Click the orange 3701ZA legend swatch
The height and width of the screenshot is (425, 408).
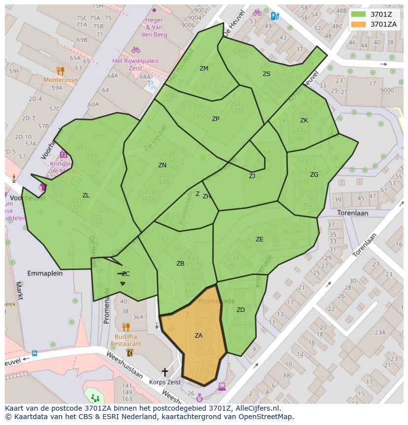pos(359,24)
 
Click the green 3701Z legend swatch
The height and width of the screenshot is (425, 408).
pos(359,14)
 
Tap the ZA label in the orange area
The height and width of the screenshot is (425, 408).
pos(199,336)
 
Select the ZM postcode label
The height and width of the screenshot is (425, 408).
pos(204,69)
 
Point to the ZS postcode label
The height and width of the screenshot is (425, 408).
pos(267,74)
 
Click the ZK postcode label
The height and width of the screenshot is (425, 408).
pos(304,120)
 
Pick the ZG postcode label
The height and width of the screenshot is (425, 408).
pos(314,175)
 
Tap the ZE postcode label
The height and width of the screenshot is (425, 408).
pos(260,239)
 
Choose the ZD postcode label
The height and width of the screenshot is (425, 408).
pos(240,310)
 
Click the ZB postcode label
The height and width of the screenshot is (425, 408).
pos(180,264)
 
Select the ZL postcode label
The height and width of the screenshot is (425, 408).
pos(86,195)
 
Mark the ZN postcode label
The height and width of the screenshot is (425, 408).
pos(162,165)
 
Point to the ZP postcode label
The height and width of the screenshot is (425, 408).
pos(215,119)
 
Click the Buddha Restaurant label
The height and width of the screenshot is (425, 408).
pos(126,340)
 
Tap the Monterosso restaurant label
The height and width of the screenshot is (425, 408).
pos(60,80)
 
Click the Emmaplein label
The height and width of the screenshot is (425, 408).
pos(45,273)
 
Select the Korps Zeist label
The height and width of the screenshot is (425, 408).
pos(165,382)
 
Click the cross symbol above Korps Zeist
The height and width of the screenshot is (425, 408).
pos(165,372)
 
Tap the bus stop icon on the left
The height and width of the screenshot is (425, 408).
pos(34,353)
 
